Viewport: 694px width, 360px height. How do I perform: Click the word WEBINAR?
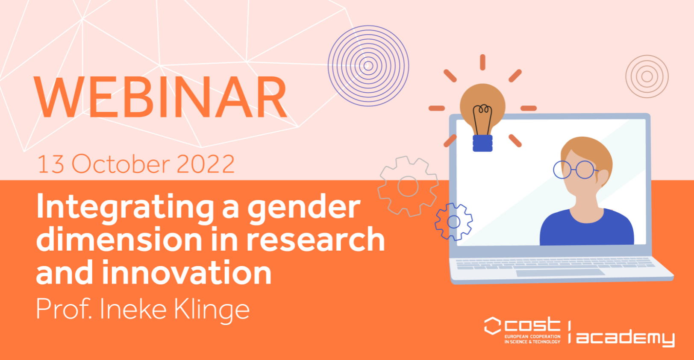[160, 97]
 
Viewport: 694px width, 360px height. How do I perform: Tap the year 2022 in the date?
[206, 164]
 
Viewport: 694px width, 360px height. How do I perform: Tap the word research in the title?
[315, 239]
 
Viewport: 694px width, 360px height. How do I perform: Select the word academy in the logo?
[625, 337]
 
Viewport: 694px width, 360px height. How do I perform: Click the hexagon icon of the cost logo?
[492, 326]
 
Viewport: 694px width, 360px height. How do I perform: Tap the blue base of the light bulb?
[482, 143]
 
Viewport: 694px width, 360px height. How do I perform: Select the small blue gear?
[453, 222]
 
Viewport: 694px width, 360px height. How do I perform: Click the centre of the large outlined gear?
[408, 186]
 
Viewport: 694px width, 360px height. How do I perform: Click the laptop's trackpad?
[561, 273]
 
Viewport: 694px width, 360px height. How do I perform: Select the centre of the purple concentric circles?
[368, 66]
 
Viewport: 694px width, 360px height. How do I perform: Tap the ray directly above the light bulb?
[482, 62]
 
